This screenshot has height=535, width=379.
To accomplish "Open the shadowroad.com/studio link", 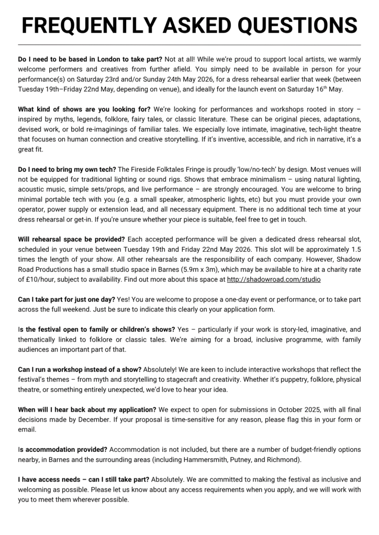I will (x=274, y=280).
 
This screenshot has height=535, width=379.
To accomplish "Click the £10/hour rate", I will (x=39, y=280).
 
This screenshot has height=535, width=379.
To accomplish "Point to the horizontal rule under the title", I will (x=189, y=45).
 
